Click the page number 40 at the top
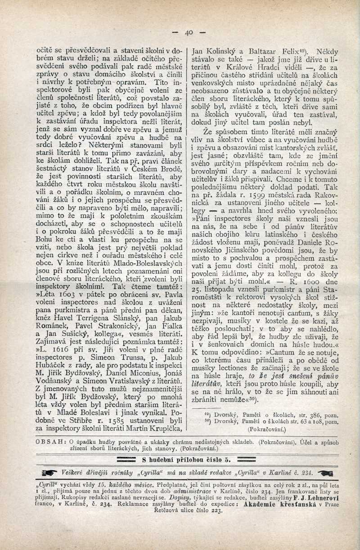pyautogui.click(x=188, y=32)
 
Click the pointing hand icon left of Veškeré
pyautogui.click(x=46, y=473)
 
